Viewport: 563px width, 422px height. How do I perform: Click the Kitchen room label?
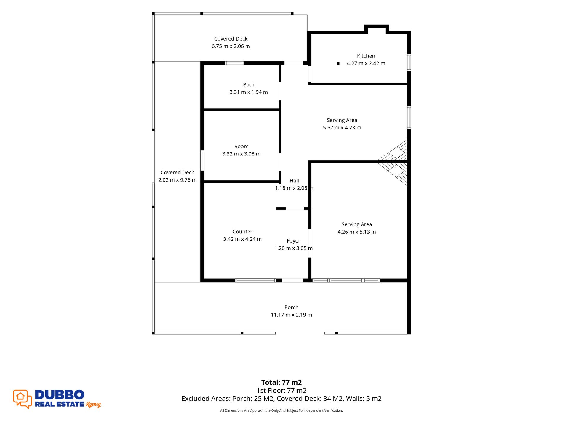[x=366, y=56]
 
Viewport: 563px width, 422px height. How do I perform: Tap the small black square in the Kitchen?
[x=338, y=63]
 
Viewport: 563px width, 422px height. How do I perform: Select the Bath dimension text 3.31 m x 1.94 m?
[x=249, y=92]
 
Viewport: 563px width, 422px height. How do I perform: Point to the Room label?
[x=241, y=147]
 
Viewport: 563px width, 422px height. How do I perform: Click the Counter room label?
[x=242, y=232]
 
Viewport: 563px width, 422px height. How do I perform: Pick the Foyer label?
[x=293, y=241]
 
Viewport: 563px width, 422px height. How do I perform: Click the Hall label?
[x=294, y=181]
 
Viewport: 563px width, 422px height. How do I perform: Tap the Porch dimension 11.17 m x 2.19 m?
[x=291, y=315]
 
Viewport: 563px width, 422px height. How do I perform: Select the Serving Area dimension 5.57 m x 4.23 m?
[x=342, y=128]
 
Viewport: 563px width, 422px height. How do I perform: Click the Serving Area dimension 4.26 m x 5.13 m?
[x=356, y=232]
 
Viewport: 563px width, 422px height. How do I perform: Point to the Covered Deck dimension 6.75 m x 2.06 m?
[x=231, y=46]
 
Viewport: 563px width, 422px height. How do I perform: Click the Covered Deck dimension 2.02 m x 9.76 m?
[x=177, y=180]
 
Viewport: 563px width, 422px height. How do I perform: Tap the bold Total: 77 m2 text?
[x=281, y=383]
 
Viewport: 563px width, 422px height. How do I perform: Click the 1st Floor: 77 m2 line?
[x=281, y=391]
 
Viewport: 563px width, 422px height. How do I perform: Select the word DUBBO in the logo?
[x=60, y=395]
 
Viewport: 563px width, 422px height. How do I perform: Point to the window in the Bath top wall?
[x=234, y=63]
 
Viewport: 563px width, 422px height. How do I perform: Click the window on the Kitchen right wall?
[x=409, y=62]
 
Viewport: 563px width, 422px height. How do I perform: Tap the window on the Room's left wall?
[x=202, y=160]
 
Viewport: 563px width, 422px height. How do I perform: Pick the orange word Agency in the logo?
[x=93, y=405]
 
